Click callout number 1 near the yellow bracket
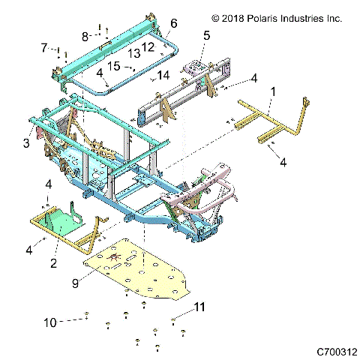pos(272,91)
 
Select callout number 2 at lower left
pos(53,262)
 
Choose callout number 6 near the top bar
pos(174,24)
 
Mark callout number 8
pos(85,34)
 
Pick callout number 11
pos(199,307)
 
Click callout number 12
pos(148,47)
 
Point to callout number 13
pos(134,54)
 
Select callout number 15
pos(115,66)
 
